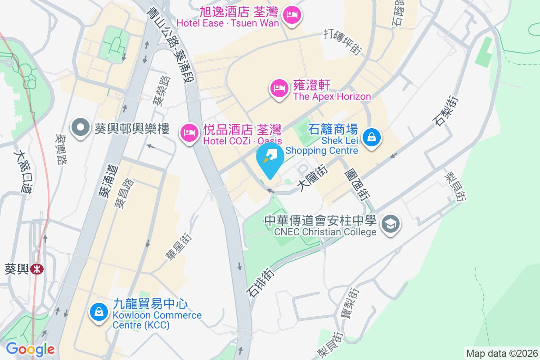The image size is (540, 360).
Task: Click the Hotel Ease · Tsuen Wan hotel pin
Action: [x=293, y=15]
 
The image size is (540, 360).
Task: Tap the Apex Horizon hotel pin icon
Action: [x=279, y=88]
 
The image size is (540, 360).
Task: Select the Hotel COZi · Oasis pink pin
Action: [x=189, y=133]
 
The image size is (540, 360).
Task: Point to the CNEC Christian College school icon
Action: [x=390, y=224]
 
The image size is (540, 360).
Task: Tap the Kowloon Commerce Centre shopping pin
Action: [x=99, y=311]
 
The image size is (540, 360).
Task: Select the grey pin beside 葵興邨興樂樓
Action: [x=81, y=127]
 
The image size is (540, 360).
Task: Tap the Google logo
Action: [x=30, y=349]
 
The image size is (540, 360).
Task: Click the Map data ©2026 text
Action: [x=501, y=353]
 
